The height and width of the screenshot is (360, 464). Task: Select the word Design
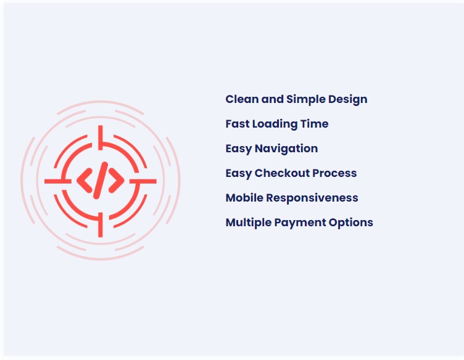click(348, 100)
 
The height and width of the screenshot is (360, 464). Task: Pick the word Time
click(314, 123)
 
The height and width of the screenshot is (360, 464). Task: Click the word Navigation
click(286, 149)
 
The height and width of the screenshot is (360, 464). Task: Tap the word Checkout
click(282, 173)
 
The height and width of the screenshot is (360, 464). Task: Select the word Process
click(334, 173)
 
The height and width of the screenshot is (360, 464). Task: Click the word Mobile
click(244, 197)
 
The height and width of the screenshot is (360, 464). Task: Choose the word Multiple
click(248, 223)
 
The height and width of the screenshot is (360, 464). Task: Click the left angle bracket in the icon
click(85, 181)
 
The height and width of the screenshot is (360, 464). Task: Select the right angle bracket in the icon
click(116, 181)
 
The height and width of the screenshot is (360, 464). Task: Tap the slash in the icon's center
click(101, 180)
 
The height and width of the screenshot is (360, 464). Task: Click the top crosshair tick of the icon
click(101, 137)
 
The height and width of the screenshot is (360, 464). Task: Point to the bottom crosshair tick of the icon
click(101, 224)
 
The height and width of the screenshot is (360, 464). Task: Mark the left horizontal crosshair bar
click(58, 181)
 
